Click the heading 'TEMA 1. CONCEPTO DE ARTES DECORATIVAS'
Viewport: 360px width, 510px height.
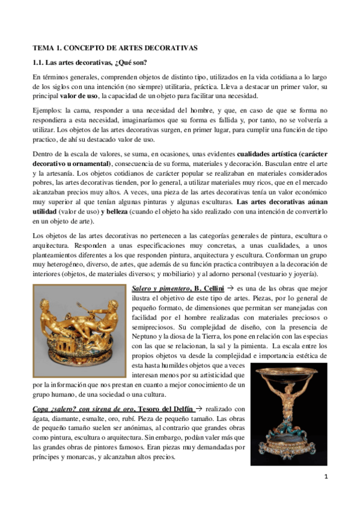[x=115, y=47]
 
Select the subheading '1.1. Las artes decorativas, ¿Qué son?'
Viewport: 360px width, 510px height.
[x=90, y=63]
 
